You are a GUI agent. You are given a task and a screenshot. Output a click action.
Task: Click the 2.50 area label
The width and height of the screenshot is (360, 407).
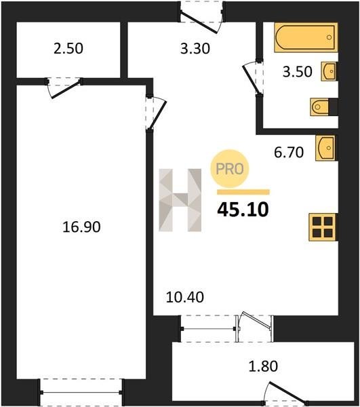pos(68,49)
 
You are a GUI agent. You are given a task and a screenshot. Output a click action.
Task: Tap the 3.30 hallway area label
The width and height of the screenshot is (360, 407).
pos(195,49)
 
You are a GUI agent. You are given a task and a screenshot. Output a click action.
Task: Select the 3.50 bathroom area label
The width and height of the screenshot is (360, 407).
pos(297,72)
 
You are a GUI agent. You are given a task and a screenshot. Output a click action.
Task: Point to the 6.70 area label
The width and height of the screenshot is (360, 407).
pos(289,152)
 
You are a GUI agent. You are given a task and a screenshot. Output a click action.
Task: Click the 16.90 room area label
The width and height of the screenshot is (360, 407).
pos(81,227)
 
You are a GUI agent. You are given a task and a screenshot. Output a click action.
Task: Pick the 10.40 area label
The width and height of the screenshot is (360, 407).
pos(184,297)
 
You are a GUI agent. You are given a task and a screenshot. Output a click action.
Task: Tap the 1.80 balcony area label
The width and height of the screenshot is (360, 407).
pos(263,366)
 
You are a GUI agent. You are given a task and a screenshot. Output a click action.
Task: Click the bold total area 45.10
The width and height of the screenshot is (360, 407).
pos(243,210)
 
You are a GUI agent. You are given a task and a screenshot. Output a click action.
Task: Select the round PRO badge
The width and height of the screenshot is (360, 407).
pos(230,169)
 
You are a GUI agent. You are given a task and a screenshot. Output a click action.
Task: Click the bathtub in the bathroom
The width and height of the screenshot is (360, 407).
pos(306,37)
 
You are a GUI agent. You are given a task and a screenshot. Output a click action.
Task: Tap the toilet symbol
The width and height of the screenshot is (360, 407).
pos(319,106)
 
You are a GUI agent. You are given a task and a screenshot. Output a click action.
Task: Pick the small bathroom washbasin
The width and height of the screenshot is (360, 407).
pos(329,71)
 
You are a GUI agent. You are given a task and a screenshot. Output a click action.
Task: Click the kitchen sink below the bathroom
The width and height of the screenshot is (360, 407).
pos(326,148)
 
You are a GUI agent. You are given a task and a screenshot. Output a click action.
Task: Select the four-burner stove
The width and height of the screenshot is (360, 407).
pos(323,227)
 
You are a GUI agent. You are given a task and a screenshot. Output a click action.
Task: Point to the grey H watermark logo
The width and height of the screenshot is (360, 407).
pos(180,200)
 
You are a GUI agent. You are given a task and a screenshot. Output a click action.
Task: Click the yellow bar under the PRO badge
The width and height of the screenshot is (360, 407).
pos(243,192)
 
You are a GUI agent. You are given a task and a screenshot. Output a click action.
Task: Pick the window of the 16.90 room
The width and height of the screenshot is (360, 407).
pos(81,392)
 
